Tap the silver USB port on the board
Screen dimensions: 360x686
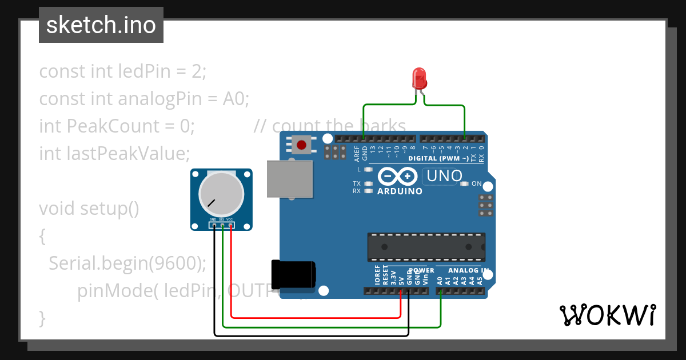[290, 178]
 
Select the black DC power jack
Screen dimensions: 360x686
[293, 274]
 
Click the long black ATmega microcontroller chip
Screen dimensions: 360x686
[426, 247]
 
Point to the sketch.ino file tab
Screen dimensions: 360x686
[101, 25]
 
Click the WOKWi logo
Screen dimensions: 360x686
[607, 315]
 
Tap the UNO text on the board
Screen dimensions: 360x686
[444, 176]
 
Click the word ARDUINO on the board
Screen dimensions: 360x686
[400, 191]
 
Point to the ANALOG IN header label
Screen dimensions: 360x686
[468, 270]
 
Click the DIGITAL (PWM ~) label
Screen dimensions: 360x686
[440, 158]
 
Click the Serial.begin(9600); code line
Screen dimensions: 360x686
[127, 263]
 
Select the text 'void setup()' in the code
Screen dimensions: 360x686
[89, 209]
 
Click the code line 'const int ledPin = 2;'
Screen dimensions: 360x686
[122, 72]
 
